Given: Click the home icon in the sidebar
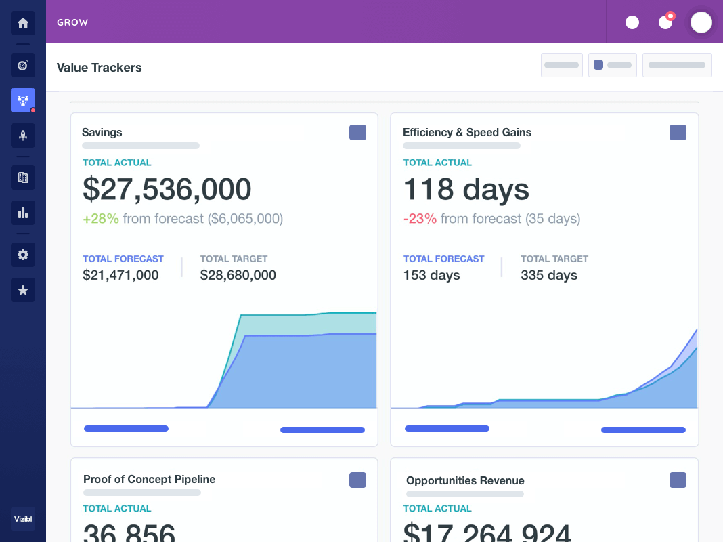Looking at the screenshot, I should click(23, 23).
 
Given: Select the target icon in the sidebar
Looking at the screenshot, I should click(23, 65).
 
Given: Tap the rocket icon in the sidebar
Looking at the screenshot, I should click(23, 135).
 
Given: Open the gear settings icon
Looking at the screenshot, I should click(23, 255).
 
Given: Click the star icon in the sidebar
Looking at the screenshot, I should click(23, 290).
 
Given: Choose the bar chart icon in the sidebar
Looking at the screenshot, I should click(23, 213).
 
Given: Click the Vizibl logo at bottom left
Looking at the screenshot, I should click(23, 520).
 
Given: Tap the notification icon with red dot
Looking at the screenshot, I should click(666, 22).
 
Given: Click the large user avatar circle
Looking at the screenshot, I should click(701, 22).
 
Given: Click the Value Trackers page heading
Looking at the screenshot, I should click(100, 67).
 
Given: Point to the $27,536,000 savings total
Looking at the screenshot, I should click(167, 189).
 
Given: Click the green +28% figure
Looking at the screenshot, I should click(101, 218).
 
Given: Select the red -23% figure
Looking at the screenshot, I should click(420, 218).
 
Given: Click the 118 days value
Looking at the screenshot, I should click(466, 189).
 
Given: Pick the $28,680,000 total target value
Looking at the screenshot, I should click(238, 275).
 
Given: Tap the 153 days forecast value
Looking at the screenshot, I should click(432, 275).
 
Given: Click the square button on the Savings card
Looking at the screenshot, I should click(357, 132).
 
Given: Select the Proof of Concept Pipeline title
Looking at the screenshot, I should click(149, 479).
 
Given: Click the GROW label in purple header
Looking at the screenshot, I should click(72, 22).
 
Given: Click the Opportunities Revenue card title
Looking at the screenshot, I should click(465, 480).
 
